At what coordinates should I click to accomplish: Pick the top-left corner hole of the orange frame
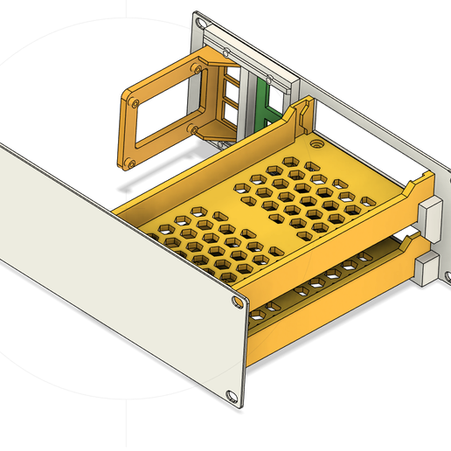131,101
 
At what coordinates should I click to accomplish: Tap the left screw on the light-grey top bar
229,54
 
